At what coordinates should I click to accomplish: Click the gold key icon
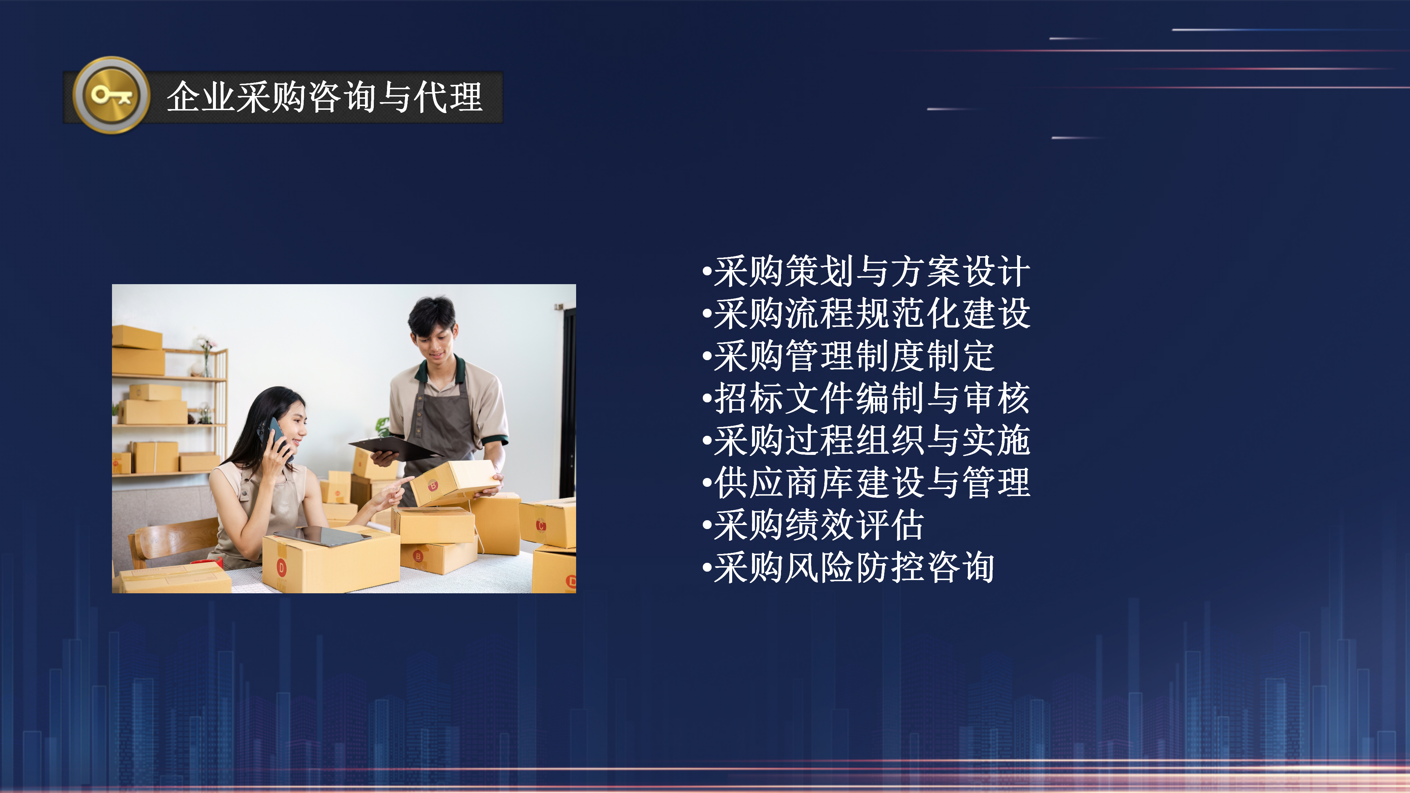[x=111, y=95]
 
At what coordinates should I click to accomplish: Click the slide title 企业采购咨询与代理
[x=324, y=97]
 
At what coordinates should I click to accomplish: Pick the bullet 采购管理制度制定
[x=853, y=356]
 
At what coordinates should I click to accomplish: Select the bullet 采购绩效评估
[x=818, y=525]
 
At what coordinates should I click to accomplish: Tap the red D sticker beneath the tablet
[x=281, y=568]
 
